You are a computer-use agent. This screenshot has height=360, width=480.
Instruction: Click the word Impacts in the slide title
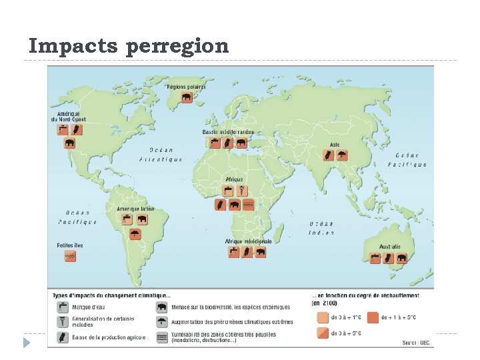[72, 46]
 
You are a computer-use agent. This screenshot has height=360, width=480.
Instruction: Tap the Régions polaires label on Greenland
[186, 86]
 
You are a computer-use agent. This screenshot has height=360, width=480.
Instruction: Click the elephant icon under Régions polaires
[186, 97]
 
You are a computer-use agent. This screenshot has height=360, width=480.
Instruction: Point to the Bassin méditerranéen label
[228, 132]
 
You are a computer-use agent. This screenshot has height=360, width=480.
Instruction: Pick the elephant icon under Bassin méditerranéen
[241, 143]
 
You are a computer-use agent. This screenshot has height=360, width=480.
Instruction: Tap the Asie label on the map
[335, 145]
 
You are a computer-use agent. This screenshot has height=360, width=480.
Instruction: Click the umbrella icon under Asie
[342, 155]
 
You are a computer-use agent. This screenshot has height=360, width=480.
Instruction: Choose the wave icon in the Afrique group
[247, 205]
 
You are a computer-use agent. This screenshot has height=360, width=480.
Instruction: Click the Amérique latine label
[135, 209]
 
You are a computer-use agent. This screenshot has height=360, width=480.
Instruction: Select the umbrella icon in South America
[135, 233]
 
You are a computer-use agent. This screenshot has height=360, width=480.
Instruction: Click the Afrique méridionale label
[247, 241]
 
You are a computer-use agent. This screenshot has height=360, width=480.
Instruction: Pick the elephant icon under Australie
[401, 258]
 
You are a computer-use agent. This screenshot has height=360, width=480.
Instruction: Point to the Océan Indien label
[321, 228]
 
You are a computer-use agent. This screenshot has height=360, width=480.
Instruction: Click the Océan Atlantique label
[161, 155]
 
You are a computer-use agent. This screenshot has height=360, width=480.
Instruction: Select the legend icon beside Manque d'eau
[63, 307]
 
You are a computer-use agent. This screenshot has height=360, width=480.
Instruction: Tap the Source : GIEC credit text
[416, 343]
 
